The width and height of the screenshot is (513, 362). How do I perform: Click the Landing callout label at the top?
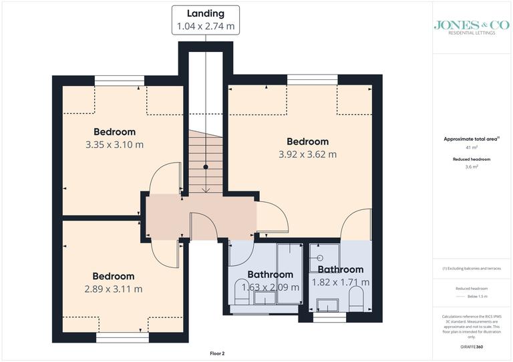[x=205, y=20]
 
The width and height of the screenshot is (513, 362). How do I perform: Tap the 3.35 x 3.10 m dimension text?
[x=114, y=144]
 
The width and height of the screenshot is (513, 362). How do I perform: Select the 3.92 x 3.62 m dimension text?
[x=307, y=154]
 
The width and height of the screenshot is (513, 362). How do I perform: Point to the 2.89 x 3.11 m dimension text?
[x=114, y=289]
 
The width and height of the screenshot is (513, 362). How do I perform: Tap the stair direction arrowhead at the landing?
[x=206, y=191]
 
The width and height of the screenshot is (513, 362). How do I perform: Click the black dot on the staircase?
[x=206, y=167]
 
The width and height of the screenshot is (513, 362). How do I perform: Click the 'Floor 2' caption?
[x=216, y=353]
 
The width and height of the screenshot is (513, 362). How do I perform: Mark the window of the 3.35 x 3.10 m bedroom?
[x=119, y=81]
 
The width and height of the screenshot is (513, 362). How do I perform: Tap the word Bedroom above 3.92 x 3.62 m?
[x=307, y=141]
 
